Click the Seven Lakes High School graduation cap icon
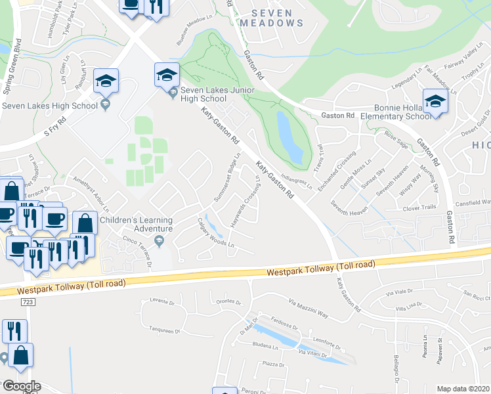coord(106,81)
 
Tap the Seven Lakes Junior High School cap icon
coord(167,74)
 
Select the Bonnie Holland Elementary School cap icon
coord(435,100)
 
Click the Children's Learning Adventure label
coord(137,225)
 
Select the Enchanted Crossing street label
coord(345,169)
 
